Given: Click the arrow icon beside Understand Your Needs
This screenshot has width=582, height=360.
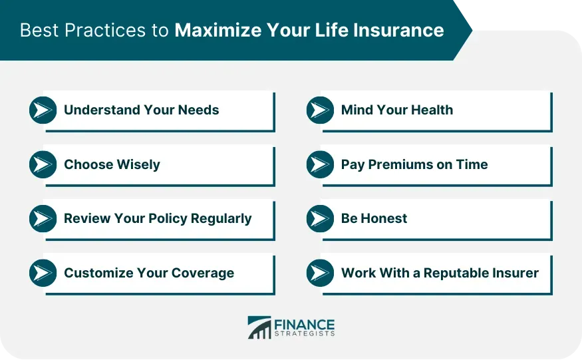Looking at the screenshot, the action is tap(43, 110).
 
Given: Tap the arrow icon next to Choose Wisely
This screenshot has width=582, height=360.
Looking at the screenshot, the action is tap(43, 164).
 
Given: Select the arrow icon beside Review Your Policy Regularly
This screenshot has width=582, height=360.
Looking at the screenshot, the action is tap(43, 218).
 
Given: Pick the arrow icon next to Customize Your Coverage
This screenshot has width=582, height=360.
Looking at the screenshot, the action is tap(43, 273).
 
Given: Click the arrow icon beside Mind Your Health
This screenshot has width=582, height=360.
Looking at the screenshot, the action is tap(321, 110).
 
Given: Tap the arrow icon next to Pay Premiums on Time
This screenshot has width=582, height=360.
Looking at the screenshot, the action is tap(321, 164).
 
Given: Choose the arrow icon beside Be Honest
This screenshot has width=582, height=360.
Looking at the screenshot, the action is tap(321, 218).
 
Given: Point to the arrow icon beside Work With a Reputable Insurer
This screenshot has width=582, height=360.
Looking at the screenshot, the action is tap(321, 273).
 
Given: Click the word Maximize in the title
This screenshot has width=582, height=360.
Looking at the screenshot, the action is tap(218, 30).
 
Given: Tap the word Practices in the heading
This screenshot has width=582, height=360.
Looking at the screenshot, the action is tap(105, 30).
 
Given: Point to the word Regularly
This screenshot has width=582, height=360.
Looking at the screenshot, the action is tap(221, 219).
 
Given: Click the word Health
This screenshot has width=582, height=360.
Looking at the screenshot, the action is tap(432, 110).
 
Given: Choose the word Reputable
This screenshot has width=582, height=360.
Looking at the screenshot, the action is tap(456, 273).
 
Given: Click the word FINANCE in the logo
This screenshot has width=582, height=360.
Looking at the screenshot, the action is tap(305, 325).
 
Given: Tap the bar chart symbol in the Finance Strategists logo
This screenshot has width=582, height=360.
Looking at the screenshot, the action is tap(259, 327).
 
